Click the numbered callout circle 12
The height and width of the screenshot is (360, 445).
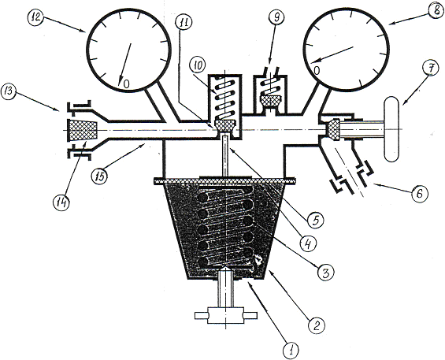coord(36,17)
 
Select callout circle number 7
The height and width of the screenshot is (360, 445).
coord(430,69)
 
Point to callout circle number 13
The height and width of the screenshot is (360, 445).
coord(8,92)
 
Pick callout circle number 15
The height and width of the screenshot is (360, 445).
coord(99,176)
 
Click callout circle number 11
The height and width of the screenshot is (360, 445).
coord(184,24)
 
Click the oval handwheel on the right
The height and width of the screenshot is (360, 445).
coord(391,129)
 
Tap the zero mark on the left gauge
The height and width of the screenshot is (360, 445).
coord(127,84)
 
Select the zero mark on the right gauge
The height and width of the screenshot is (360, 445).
coord(317,70)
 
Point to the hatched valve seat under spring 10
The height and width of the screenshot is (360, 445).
coord(224,125)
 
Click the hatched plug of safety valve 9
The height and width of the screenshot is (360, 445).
coord(271,101)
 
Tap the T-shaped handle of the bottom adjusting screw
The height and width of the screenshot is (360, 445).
coord(225,315)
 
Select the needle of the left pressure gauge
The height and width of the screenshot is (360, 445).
coord(125,63)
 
